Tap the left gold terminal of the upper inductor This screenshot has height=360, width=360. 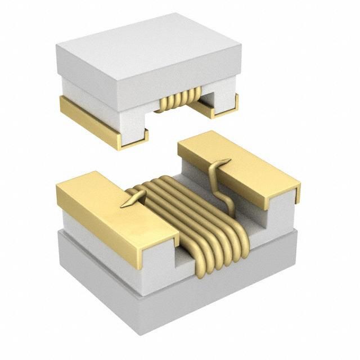pos(90,118)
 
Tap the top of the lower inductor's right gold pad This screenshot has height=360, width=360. pos(236,160)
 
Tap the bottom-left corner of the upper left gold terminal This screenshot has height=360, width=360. pos(119,148)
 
